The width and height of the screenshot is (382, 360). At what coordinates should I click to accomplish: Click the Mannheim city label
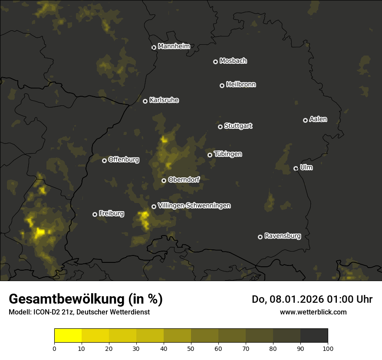pos(174,46)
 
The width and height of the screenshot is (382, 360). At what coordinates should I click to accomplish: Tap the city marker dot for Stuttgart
pos(220,127)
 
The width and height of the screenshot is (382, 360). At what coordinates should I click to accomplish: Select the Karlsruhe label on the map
pos(164,100)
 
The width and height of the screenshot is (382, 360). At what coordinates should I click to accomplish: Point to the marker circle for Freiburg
pos(95,214)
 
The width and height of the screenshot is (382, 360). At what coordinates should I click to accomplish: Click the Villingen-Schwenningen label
pos(194,206)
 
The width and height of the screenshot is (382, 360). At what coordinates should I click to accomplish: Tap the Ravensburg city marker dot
pos(260,237)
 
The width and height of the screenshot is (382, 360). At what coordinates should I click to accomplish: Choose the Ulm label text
pos(306,167)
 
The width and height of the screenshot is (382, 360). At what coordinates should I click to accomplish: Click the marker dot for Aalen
pos(305,120)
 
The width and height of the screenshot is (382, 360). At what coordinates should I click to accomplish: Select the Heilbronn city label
pos(241,85)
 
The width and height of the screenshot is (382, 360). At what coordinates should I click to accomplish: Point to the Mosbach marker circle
pos(215,62)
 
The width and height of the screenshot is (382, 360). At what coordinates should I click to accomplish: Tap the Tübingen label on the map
pos(228,154)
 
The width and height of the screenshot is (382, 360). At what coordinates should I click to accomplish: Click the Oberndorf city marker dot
pos(164,180)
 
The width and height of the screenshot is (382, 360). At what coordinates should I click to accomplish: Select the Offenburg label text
pos(124,160)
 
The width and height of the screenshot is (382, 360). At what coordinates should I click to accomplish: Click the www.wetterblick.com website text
pos(313,312)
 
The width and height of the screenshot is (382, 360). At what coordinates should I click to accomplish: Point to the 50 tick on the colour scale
pos(191,348)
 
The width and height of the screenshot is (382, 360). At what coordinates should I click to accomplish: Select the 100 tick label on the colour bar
pos(328,348)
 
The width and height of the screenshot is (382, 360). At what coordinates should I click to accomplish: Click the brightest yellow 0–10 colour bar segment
pos(68,336)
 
